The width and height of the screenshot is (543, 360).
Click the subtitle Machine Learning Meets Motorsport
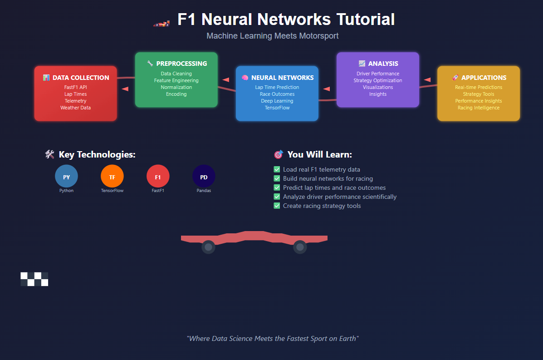tap(272, 36)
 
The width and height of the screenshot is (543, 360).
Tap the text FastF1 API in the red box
tap(75, 87)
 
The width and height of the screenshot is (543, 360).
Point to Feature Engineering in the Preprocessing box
tap(176, 80)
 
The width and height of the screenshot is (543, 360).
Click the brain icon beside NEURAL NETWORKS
tap(245, 78)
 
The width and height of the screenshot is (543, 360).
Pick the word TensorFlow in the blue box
tap(277, 108)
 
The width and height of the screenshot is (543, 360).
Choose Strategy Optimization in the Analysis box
tap(377, 80)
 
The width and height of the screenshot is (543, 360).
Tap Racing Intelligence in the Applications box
tap(478, 108)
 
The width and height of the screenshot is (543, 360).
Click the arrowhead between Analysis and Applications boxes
tap(427, 79)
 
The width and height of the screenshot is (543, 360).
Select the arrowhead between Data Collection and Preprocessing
tap(125, 89)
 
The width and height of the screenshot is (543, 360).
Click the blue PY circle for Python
tap(66, 177)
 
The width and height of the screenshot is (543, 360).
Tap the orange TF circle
tap(112, 177)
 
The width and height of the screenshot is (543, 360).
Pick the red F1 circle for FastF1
tap(158, 177)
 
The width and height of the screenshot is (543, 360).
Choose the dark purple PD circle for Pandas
tap(204, 177)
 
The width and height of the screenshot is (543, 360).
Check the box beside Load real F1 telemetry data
tap(277, 169)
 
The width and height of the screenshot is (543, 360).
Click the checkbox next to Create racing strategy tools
tap(277, 206)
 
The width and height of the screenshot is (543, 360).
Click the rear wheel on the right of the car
tap(299, 247)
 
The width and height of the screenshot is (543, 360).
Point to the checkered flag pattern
tap(34, 279)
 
